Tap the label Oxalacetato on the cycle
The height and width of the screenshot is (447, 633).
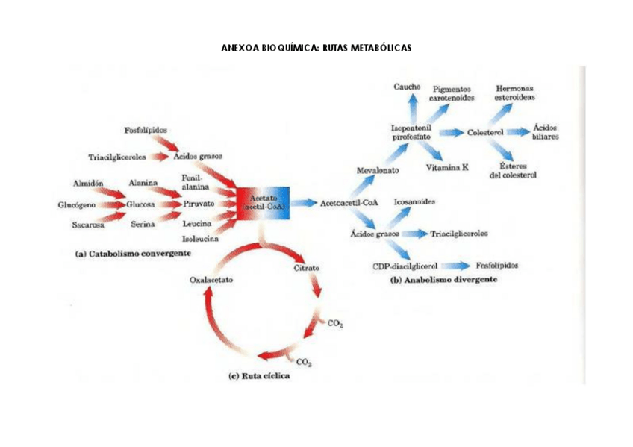[211, 280]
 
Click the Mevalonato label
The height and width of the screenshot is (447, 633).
[377, 170]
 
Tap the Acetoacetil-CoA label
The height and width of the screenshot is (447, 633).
[348, 202]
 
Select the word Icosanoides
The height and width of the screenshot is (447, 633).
[415, 201]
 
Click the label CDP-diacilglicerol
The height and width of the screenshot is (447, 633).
[405, 266]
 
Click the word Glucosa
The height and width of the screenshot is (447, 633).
[140, 203]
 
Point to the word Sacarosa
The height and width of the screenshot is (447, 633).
[88, 224]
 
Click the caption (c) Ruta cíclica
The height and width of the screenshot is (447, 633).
[258, 376]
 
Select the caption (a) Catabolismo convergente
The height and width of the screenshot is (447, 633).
[134, 254]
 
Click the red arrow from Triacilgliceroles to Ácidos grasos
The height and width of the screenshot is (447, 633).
[158, 157]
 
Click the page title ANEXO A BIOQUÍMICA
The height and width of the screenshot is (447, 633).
[316, 49]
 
